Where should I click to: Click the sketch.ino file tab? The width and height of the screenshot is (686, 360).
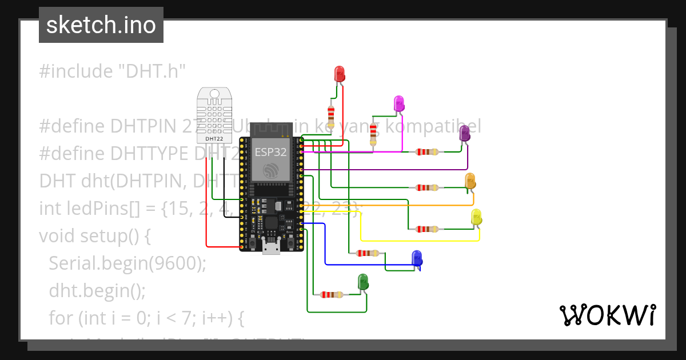(x=101, y=25)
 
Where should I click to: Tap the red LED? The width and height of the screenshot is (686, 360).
(x=339, y=73)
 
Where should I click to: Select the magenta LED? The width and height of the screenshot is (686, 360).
(x=399, y=103)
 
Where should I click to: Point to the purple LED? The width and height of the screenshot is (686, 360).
(x=465, y=134)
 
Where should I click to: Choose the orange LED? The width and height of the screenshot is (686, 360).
(x=470, y=181)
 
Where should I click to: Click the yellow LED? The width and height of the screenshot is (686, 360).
(x=476, y=217)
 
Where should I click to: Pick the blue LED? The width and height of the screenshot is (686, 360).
(x=417, y=258)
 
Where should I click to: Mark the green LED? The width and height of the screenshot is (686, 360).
(x=363, y=282)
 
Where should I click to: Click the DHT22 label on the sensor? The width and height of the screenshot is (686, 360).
(x=214, y=138)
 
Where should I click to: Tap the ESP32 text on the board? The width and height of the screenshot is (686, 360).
(x=270, y=153)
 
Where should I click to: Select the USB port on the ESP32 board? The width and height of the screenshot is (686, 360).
(x=271, y=247)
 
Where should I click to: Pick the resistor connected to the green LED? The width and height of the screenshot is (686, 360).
(x=332, y=295)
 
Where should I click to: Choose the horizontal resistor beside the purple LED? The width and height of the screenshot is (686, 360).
(x=427, y=152)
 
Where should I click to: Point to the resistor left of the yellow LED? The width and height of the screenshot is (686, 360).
(x=427, y=229)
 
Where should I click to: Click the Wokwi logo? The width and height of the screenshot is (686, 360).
(x=607, y=315)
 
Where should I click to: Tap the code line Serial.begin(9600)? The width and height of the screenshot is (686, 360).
(x=127, y=262)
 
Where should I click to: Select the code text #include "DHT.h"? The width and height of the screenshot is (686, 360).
(x=113, y=71)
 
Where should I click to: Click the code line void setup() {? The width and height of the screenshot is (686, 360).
(x=94, y=235)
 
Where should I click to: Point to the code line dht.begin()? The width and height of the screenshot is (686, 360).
(x=97, y=290)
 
